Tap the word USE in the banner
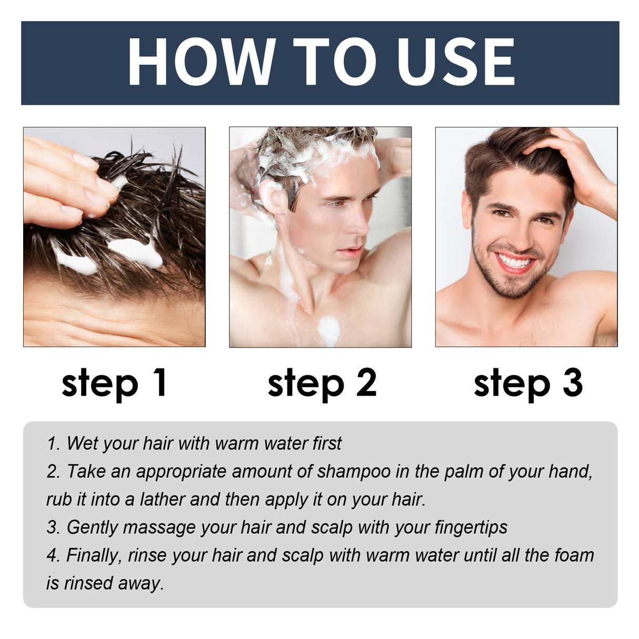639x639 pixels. (x=455, y=62)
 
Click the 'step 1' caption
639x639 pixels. (x=114, y=383)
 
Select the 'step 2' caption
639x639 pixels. (x=322, y=383)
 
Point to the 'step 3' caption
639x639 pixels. (x=528, y=383)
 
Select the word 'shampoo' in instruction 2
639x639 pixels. (x=354, y=472)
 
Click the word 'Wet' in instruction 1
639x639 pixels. (x=82, y=443)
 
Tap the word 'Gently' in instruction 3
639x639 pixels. (x=92, y=527)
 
